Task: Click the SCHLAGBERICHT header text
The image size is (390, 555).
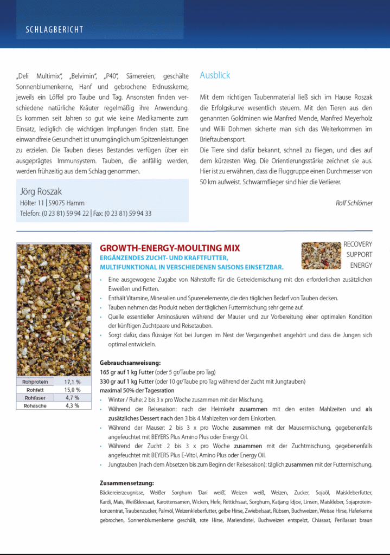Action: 54,29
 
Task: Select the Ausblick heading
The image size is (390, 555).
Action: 215,75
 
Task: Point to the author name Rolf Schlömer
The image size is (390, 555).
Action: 354,203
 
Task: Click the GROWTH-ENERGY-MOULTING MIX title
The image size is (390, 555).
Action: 170,248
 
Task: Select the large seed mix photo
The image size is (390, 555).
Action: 54,310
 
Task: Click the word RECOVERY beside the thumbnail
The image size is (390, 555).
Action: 357,244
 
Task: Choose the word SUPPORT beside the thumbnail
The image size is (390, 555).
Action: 359,255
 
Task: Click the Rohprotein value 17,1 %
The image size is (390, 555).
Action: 72,382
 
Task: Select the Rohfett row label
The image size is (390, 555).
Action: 35,390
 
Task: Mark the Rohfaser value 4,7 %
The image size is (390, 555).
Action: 72,398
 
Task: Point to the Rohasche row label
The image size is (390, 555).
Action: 35,405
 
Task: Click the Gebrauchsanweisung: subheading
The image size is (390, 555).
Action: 130,363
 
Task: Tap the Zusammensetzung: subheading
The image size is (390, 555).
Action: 127,483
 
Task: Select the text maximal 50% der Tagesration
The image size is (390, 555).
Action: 137,391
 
